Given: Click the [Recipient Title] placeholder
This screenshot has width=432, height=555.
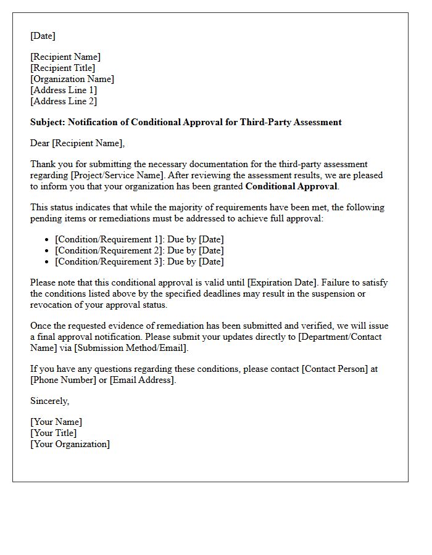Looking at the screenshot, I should coord(62,68).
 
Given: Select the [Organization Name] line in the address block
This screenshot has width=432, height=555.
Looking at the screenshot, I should coord(72,79).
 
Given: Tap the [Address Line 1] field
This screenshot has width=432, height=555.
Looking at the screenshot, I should coord(64,90).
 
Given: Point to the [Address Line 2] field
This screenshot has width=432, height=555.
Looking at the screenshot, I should coord(64,101).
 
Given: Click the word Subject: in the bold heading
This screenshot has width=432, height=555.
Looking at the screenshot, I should coord(48,122).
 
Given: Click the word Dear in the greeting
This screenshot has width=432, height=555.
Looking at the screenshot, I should coord(40,143).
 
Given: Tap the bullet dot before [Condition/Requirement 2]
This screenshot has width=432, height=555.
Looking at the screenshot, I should coord(48,250).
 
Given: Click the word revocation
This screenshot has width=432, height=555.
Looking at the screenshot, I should coord(54,305).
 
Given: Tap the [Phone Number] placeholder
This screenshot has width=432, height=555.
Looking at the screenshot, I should coord(62,380).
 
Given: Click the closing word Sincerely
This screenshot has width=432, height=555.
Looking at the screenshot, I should coord(49,401).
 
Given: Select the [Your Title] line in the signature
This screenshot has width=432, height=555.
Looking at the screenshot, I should coord(54,433).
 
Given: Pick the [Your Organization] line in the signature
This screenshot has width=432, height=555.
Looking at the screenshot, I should coord(70,444).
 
